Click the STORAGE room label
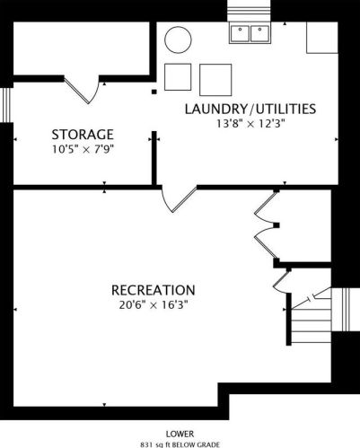[x=83, y=135]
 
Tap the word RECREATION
[x=154, y=290]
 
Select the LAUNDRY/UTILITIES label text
[x=250, y=109]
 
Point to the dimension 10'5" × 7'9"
[x=83, y=149]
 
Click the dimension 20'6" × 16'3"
[x=154, y=305]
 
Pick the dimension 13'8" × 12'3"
[x=250, y=124]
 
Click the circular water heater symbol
[x=178, y=40]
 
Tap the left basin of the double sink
[x=240, y=33]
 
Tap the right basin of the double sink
[x=259, y=33]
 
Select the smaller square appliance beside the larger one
[x=178, y=77]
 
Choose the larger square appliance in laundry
[x=215, y=80]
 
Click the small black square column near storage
[x=154, y=92]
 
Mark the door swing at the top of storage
[x=82, y=89]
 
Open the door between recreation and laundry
[x=179, y=199]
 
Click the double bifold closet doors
[x=267, y=225]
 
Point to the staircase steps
[x=312, y=321]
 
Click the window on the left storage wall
[x=6, y=105]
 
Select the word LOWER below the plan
[x=180, y=434]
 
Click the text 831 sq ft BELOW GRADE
[x=180, y=444]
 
